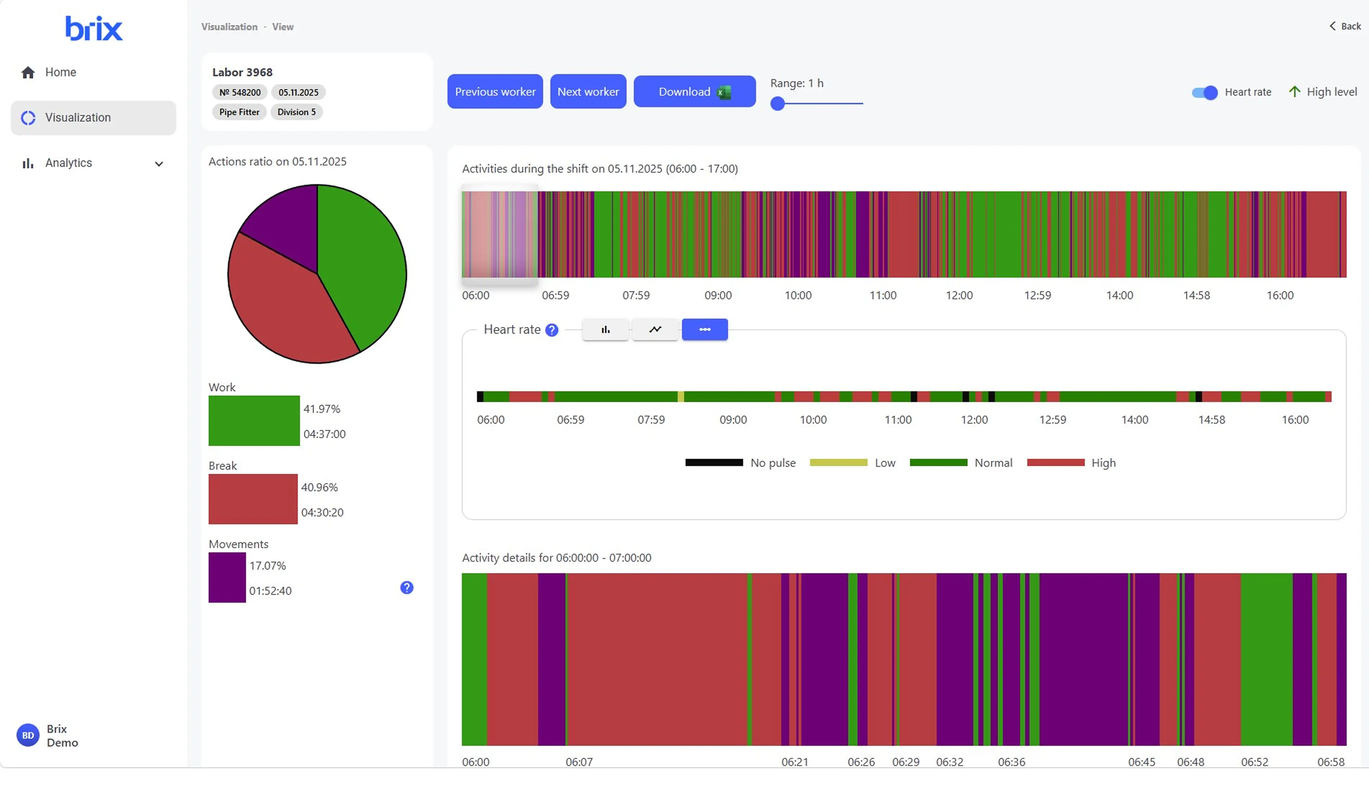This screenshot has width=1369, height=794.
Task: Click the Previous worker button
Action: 495,91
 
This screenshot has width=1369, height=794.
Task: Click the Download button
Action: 694,91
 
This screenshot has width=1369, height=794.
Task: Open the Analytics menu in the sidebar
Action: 93,163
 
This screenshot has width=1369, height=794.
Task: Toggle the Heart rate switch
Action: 1204,92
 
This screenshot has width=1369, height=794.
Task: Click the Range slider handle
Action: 777,103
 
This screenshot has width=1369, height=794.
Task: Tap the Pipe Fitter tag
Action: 239,112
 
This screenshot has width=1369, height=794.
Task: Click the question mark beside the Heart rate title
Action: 551,330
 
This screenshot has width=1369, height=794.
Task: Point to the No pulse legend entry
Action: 740,463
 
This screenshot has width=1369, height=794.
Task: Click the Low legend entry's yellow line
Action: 838,463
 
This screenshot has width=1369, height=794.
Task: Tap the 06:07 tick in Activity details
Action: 579,762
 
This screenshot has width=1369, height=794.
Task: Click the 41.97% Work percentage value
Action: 322,409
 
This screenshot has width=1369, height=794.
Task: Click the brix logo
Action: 94,28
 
